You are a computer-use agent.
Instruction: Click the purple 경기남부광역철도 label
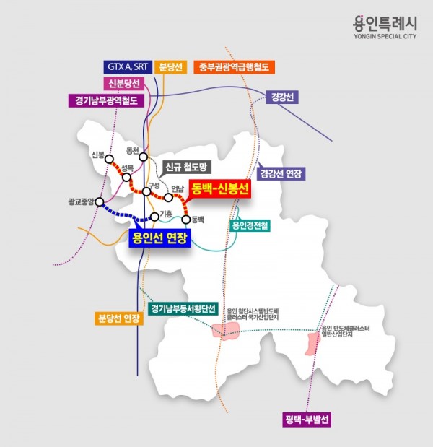pyautogui.click(x=106, y=101)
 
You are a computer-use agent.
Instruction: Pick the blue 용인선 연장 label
pyautogui.click(x=159, y=238)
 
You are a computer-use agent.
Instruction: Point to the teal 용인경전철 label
pyautogui.click(x=250, y=225)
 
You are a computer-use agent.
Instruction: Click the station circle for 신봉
pyautogui.click(x=109, y=159)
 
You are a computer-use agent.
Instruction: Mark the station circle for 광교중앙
pyautogui.click(x=100, y=201)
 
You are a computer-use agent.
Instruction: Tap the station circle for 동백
pyautogui.click(x=186, y=220)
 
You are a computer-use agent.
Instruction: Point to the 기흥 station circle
pyautogui.click(x=154, y=216)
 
